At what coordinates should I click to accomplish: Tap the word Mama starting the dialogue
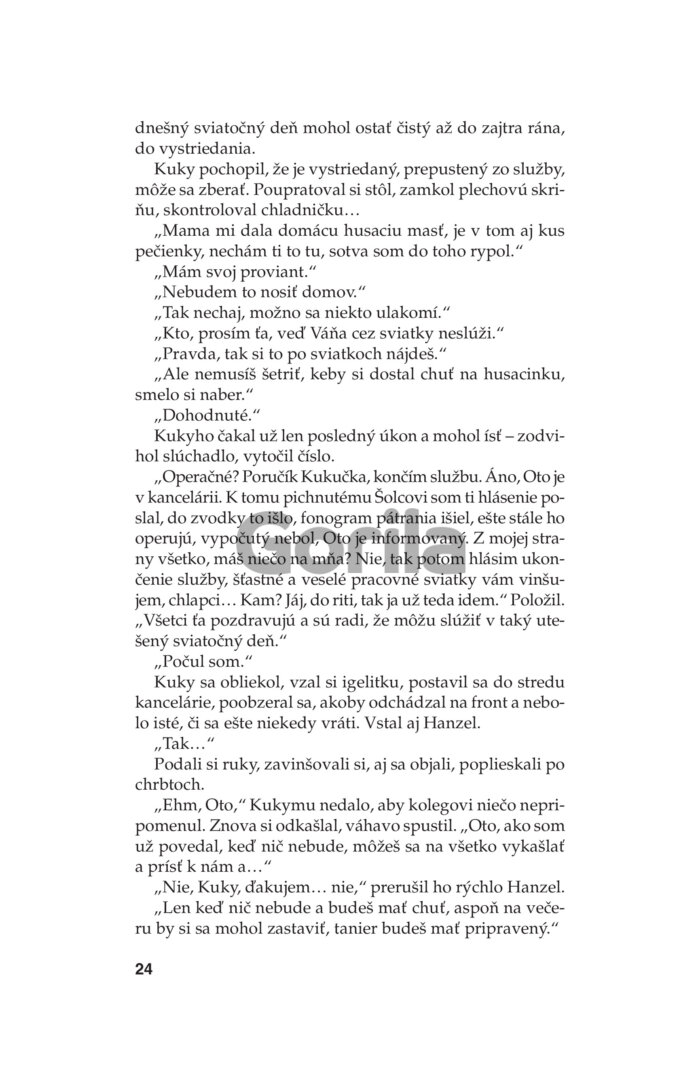tap(186, 234)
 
